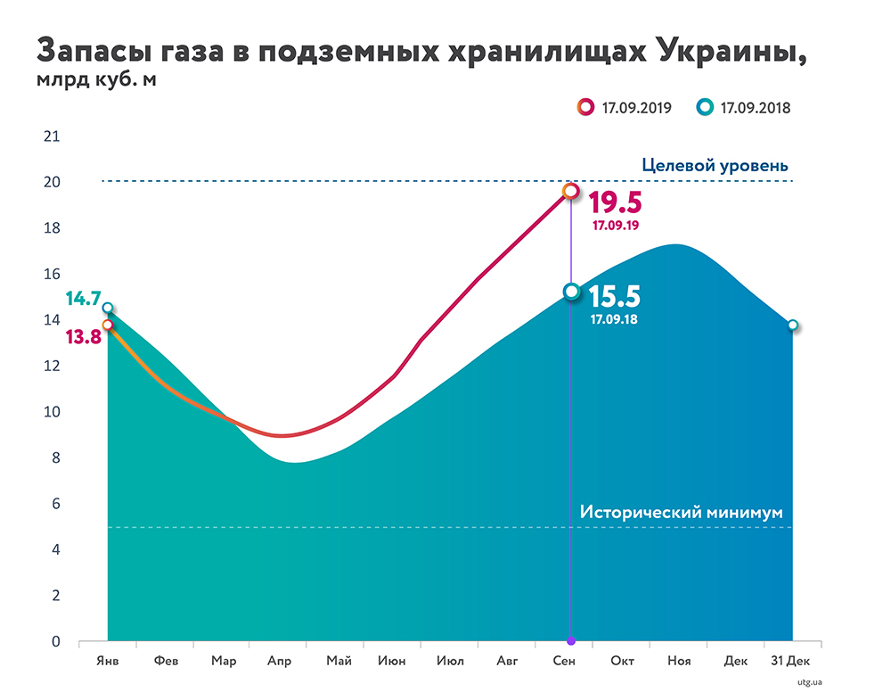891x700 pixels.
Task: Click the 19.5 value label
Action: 615,201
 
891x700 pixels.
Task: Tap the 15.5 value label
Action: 615,296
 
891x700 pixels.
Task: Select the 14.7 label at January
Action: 82,300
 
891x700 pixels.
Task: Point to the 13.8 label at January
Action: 82,337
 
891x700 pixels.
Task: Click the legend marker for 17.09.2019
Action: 585,108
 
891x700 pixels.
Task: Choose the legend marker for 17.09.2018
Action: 705,108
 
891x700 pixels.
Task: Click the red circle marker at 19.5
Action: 570,191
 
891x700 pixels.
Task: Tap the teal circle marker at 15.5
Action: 570,292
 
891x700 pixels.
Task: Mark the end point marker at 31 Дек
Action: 792,325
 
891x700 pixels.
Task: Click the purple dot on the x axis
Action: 570,641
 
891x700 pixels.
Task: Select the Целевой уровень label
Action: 715,166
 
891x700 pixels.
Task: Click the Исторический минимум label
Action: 681,513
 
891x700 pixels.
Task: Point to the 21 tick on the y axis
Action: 52,136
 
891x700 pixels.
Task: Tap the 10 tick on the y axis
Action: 52,412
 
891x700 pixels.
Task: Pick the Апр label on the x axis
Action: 279,662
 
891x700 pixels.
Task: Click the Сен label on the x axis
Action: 564,662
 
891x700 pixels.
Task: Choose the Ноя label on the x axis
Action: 679,662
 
